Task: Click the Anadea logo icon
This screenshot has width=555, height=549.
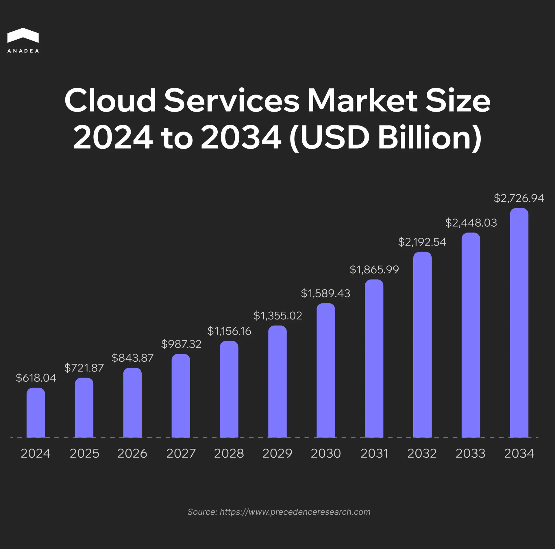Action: [23, 36]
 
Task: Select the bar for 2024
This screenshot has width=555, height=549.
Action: [36, 413]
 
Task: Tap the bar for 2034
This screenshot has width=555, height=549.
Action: [519, 323]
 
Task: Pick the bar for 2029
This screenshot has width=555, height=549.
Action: [277, 382]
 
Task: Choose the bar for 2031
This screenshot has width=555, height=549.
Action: [374, 358]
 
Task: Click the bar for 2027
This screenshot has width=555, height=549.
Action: [181, 396]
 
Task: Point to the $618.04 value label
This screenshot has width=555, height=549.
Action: [36, 378]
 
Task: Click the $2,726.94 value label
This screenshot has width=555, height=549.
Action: [519, 198]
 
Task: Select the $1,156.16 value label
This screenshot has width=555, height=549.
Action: [229, 331]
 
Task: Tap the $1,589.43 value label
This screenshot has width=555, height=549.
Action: [325, 293]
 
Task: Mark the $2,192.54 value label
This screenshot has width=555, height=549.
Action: [422, 242]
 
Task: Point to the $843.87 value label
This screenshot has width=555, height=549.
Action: [132, 358]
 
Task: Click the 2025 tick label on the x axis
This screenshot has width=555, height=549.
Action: [84, 453]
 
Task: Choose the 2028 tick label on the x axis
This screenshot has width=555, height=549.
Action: [229, 453]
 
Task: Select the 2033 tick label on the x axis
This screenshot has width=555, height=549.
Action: [470, 453]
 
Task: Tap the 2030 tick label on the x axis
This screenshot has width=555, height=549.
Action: [326, 453]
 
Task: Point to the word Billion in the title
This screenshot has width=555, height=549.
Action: [430, 137]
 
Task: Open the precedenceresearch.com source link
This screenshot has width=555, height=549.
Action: [295, 512]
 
